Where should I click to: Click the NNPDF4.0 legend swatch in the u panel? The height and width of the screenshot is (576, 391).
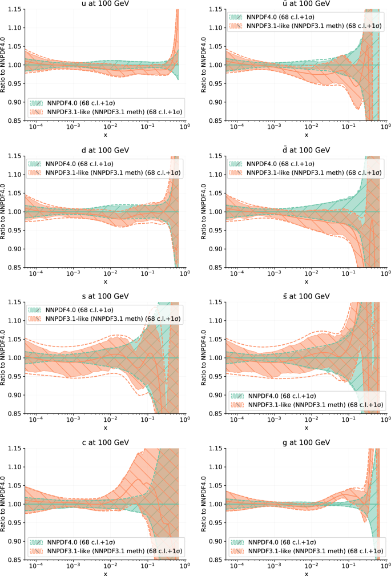pos(37,103)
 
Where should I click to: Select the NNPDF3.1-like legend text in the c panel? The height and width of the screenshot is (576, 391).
pos(114,551)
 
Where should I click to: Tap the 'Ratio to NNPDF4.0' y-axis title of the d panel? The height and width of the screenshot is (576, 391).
pos(5,211)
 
